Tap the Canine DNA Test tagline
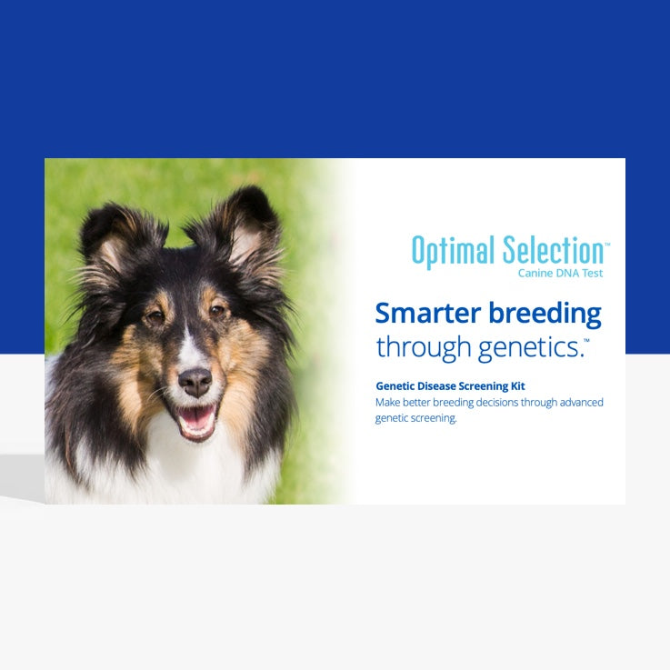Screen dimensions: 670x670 (x=560, y=273)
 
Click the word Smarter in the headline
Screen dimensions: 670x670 (x=426, y=314)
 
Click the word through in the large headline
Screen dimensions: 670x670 (x=423, y=346)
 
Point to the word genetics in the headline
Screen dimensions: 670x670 (x=525, y=346)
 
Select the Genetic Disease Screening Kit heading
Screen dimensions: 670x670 (x=449, y=386)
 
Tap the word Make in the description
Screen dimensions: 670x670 (x=388, y=402)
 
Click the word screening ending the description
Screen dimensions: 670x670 (x=435, y=418)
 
